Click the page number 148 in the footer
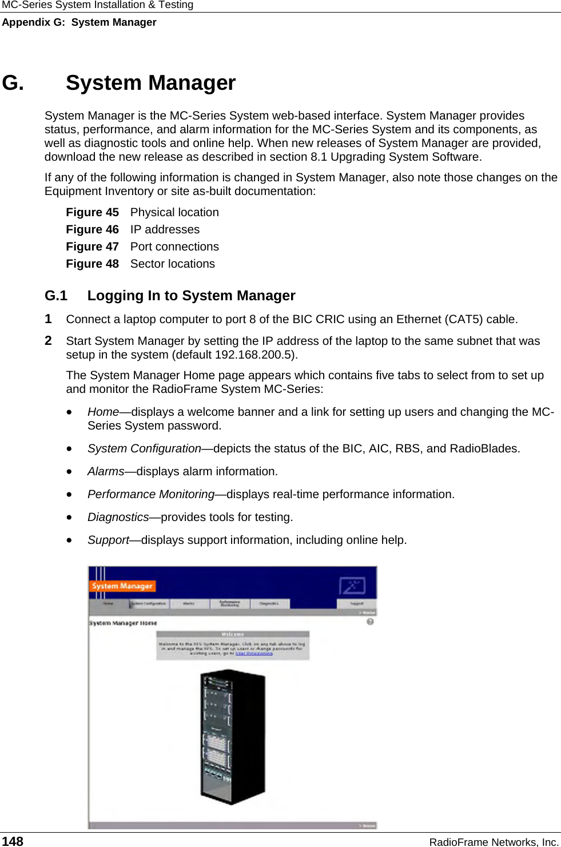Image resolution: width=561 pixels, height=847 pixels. [13, 841]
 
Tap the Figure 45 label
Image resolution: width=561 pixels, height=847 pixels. [92, 212]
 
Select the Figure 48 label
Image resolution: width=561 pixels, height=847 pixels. [92, 264]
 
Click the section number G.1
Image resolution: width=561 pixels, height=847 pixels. [56, 296]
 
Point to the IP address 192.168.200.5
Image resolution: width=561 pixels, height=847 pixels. [254, 355]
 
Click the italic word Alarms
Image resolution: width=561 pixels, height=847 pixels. [106, 471]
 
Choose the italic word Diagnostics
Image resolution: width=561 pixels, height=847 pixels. [118, 517]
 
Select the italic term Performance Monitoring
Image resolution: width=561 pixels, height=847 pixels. [151, 494]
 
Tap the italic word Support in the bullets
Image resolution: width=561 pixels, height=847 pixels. [108, 540]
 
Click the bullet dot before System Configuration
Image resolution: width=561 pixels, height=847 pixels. [69, 449]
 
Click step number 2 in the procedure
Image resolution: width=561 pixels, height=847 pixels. [49, 341]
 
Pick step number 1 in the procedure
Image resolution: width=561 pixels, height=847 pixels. [49, 319]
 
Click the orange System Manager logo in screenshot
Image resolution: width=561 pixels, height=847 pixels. [122, 586]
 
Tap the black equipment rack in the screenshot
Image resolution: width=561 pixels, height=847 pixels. [233, 738]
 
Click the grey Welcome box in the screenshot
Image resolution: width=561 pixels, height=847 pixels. [233, 646]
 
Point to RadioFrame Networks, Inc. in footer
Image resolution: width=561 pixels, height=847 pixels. [494, 842]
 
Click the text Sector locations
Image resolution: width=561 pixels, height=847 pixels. [173, 264]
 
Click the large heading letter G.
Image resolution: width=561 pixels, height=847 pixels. [13, 83]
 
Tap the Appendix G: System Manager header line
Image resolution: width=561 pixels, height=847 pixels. [79, 22]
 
